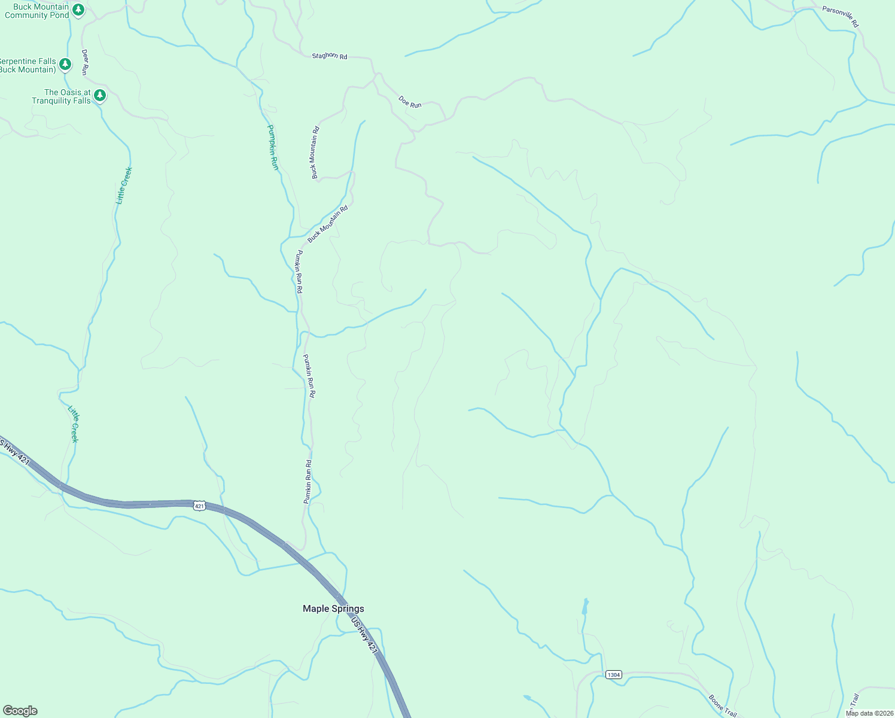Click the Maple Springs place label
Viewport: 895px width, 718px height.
[333, 609]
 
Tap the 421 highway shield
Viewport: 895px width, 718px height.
[200, 506]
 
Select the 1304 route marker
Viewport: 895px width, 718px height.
[613, 674]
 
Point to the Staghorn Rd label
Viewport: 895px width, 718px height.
[329, 56]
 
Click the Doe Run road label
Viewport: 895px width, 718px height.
[410, 102]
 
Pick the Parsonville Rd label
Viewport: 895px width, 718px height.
[840, 17]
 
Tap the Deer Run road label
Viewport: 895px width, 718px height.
[85, 62]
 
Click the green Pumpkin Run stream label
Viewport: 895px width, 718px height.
[273, 147]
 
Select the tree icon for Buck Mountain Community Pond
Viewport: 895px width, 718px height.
[78, 10]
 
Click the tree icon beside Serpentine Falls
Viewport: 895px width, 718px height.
[65, 64]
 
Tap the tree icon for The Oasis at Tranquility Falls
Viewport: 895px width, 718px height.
[100, 95]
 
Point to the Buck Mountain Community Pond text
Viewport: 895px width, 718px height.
[37, 11]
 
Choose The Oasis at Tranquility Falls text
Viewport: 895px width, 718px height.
[62, 96]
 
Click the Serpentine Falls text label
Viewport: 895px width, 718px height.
[28, 65]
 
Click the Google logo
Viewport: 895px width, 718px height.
[20, 711]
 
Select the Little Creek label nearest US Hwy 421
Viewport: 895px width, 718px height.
[73, 424]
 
